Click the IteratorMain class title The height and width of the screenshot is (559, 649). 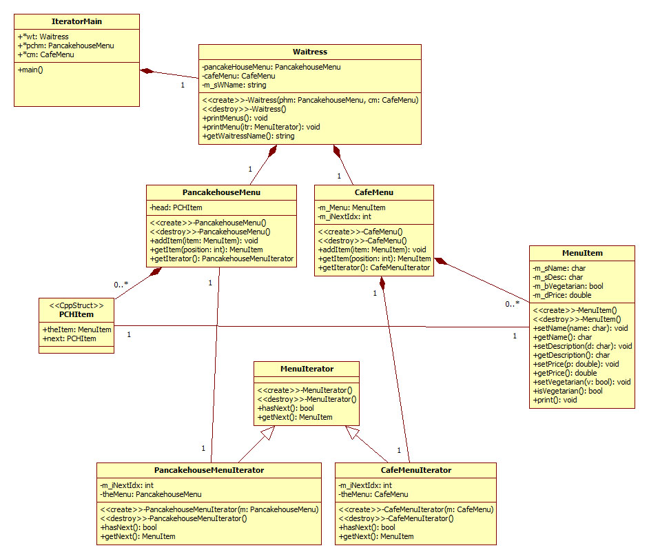pos(76,21)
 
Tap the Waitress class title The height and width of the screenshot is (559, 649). pos(309,52)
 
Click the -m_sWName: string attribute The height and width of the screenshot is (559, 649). pos(234,85)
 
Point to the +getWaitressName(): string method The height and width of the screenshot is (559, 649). pos(249,136)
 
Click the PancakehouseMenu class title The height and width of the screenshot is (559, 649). pos(221,192)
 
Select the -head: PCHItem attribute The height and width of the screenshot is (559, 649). pos(176,207)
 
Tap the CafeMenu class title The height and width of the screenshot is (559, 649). pos(373,192)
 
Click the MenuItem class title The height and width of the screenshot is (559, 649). pos(582,253)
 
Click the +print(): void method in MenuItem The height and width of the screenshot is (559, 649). pos(555,400)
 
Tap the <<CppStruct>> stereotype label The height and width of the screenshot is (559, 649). pos(76,305)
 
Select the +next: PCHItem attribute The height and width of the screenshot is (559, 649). pos(70,338)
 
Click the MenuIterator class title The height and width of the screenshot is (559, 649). pos(307,369)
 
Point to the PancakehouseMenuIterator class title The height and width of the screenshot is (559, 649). pos(209,470)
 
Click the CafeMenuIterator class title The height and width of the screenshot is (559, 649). pos(415,470)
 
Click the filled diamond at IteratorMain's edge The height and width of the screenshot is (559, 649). pos(146,70)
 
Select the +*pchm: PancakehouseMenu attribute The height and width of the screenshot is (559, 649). pos(66,45)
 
